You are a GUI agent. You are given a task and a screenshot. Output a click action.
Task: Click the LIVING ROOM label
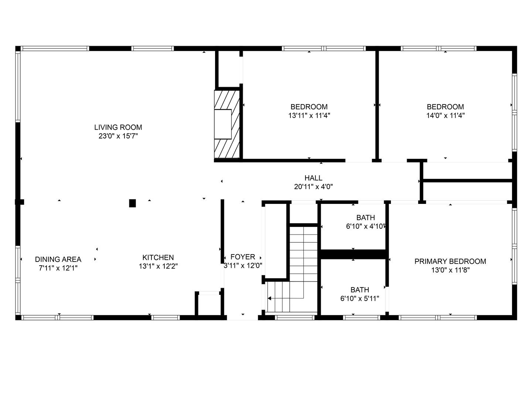click(118, 127)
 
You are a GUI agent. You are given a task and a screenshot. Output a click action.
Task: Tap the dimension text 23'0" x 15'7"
click(118, 136)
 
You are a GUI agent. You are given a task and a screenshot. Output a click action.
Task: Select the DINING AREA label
click(58, 259)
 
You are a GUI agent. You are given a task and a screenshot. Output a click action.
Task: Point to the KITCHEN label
click(158, 258)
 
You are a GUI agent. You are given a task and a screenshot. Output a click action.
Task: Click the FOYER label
click(243, 257)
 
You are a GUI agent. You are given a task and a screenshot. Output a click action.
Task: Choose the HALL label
click(313, 178)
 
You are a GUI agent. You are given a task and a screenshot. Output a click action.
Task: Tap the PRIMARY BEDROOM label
click(450, 262)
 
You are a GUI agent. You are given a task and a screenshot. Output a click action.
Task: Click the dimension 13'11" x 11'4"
click(309, 116)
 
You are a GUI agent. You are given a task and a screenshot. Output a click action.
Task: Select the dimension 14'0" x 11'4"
click(445, 116)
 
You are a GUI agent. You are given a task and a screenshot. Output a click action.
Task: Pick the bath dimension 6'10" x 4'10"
click(366, 226)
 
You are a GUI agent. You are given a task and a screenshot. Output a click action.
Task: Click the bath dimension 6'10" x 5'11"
click(359, 299)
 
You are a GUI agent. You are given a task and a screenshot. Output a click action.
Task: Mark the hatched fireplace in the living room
click(227, 124)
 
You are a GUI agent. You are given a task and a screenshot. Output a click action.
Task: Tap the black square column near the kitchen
click(132, 203)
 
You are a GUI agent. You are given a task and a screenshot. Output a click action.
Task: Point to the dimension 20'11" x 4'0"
click(313, 187)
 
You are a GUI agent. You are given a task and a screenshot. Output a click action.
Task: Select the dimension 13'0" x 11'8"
click(450, 270)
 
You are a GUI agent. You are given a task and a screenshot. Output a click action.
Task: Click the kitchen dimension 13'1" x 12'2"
click(158, 266)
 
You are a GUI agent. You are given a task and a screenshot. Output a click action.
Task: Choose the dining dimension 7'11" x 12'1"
click(58, 268)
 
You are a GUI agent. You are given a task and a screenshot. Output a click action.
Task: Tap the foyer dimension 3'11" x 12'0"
click(243, 265)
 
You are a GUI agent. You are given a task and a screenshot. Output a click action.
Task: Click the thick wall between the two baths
click(354, 254)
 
